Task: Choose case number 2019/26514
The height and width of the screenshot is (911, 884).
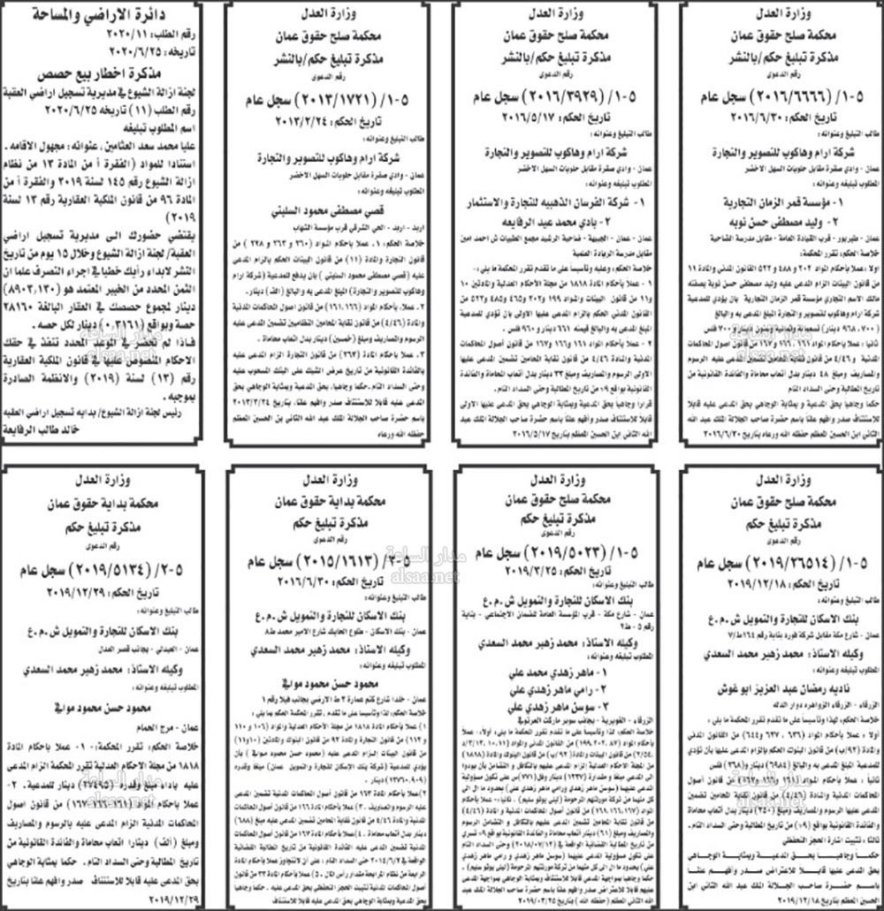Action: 780,562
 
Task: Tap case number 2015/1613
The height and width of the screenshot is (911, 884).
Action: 326,562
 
